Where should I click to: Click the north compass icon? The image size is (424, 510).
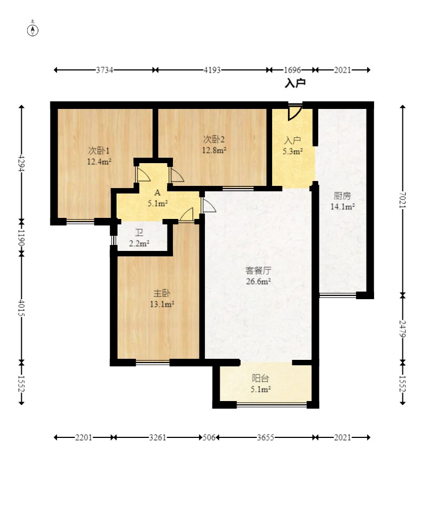click(x=33, y=29)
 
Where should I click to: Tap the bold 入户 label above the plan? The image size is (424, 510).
click(x=295, y=83)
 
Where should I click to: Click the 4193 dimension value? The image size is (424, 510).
click(x=212, y=70)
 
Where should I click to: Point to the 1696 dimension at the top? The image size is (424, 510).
click(x=292, y=70)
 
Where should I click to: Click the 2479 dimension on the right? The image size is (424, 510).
click(x=402, y=328)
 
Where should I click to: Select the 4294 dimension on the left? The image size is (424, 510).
click(x=22, y=163)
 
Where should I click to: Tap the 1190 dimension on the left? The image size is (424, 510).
click(x=22, y=238)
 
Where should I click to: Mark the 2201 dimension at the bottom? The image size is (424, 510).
click(x=83, y=437)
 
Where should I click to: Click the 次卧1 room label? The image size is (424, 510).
click(x=99, y=151)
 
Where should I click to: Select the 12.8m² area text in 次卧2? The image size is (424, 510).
click(x=214, y=151)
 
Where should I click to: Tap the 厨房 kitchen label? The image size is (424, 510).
click(x=342, y=196)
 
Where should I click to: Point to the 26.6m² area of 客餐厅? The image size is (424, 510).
click(x=258, y=281)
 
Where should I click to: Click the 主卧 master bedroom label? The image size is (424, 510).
click(x=162, y=293)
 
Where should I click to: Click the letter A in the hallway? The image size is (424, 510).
click(x=157, y=193)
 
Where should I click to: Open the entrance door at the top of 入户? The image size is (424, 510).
click(x=294, y=112)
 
